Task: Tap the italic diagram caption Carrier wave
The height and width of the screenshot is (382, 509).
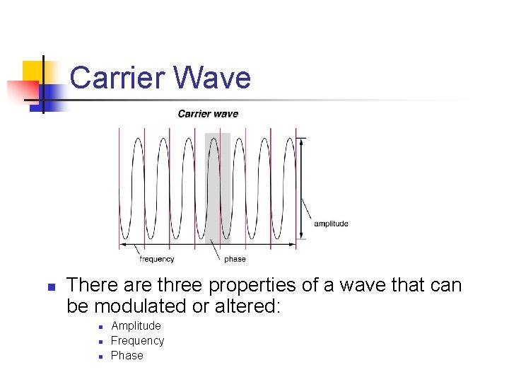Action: coord(208,114)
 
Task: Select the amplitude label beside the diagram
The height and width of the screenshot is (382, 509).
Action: coord(331,224)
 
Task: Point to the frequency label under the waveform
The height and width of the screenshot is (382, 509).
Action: coord(157,259)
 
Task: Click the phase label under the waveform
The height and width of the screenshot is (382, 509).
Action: coord(235,259)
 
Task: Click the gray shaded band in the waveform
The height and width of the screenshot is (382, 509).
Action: coord(217,187)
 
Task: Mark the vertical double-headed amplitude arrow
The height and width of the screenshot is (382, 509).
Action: coord(303,187)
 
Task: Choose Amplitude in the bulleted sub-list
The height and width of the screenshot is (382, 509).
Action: coord(136,325)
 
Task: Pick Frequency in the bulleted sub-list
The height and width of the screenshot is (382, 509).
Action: coord(137,340)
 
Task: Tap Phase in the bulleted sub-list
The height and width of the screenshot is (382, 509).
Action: coord(127,355)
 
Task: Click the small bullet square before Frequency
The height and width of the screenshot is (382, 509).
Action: coord(101,342)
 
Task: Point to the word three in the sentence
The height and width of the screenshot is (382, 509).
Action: coord(182,286)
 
